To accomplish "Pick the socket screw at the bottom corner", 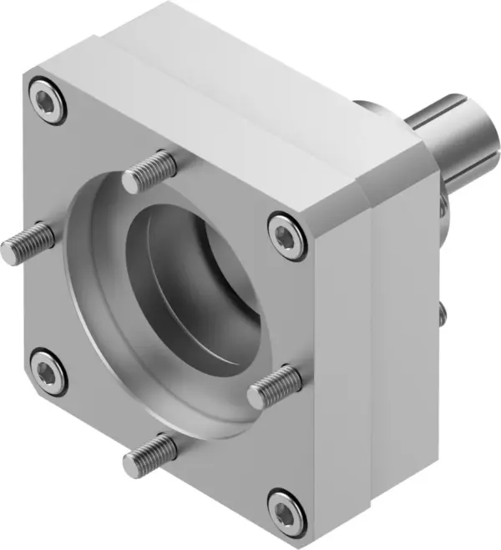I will coord(284,507).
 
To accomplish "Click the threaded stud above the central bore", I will coord(151,172).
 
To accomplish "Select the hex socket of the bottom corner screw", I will coord(284,507).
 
